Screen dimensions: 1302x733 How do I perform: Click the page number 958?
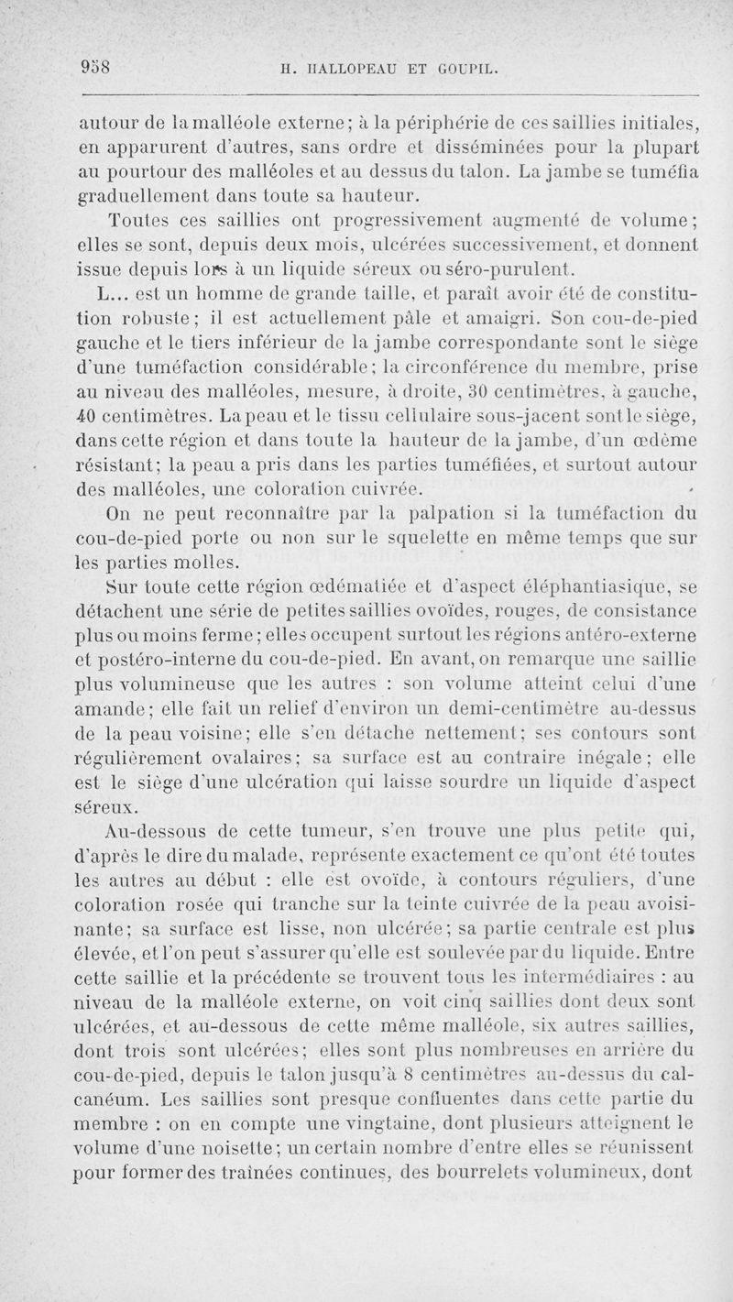click(x=95, y=66)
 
